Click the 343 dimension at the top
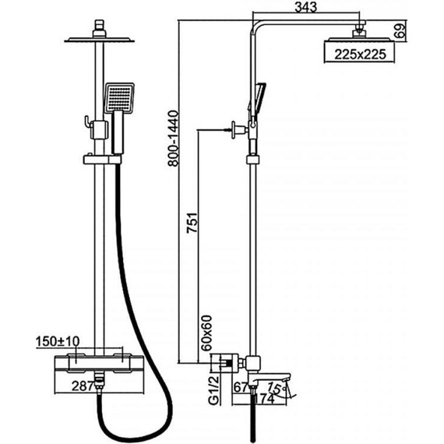pyautogui.click(x=306, y=7)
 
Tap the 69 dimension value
pyautogui.click(x=400, y=31)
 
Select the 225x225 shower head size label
pyautogui.click(x=360, y=55)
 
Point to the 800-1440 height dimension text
pyautogui.click(x=173, y=138)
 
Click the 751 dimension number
pyautogui.click(x=192, y=223)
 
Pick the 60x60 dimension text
pyautogui.click(x=206, y=333)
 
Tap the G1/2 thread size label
pyautogui.click(x=213, y=389)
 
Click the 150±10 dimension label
pyautogui.click(x=58, y=341)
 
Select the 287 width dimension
pyautogui.click(x=83, y=386)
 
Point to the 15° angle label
pyautogui.click(x=275, y=387)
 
